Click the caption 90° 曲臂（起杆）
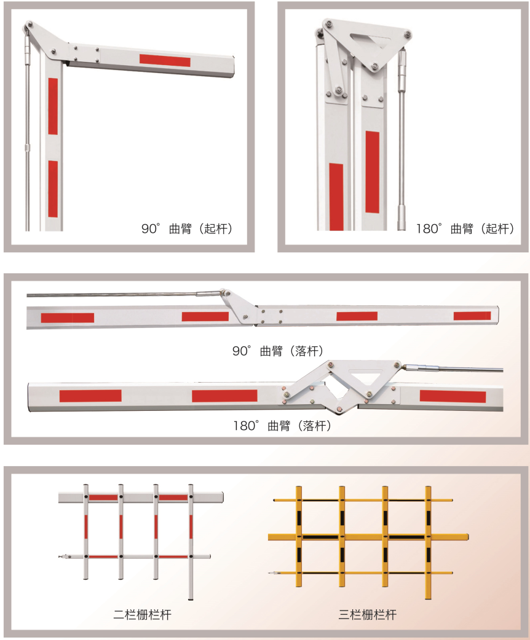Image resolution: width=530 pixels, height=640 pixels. click(x=187, y=228)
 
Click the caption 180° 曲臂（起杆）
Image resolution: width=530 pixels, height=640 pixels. click(x=465, y=228)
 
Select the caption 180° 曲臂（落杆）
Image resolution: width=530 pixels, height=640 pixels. click(x=282, y=426)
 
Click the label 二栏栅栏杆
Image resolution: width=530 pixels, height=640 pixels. click(x=142, y=614)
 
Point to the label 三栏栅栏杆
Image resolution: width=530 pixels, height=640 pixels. click(x=367, y=614)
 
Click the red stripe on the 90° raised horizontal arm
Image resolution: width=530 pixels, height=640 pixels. click(x=165, y=60)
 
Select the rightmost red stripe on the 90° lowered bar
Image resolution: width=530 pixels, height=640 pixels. click(x=472, y=316)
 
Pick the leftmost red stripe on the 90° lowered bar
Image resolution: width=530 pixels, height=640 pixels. click(x=68, y=318)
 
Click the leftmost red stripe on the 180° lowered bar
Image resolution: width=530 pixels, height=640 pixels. click(x=90, y=396)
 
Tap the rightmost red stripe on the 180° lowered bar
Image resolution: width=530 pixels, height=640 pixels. click(x=453, y=396)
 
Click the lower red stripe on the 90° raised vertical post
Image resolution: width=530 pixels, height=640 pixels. click(x=53, y=189)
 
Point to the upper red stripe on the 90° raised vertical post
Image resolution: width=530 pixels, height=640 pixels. click(x=53, y=106)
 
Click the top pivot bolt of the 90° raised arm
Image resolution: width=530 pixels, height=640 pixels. click(x=28, y=25)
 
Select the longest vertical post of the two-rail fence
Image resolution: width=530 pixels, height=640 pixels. click(x=191, y=542)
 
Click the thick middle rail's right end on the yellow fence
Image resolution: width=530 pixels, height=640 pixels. click(x=467, y=537)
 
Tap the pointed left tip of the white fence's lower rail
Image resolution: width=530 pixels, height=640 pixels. click(x=60, y=556)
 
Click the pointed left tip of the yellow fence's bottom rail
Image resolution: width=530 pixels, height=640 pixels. click(x=269, y=573)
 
